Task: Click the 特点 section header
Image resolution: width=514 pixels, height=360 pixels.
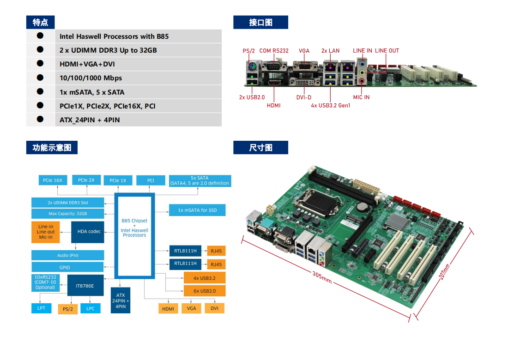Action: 41,22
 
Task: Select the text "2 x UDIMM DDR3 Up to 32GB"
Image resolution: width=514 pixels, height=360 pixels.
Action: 108,50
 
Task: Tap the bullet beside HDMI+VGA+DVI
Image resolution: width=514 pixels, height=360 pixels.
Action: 40,63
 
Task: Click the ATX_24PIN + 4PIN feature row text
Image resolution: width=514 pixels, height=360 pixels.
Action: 90,120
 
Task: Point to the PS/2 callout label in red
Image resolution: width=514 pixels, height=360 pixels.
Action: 249,51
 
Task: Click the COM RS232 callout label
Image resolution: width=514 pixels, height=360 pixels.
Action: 274,51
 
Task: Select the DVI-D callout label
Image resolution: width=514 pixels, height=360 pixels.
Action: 304,97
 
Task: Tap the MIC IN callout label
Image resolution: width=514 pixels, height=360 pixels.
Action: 361,97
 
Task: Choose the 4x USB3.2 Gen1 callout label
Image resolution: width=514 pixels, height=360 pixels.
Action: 331,106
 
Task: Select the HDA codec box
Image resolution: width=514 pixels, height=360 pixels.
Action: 88,232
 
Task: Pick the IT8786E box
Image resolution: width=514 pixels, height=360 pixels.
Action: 85,286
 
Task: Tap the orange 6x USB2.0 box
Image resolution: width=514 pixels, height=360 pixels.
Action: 204,291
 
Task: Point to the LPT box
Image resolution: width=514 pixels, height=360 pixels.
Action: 42,308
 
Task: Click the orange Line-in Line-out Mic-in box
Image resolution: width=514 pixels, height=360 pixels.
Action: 46,232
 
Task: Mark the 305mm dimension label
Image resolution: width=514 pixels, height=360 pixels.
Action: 322,277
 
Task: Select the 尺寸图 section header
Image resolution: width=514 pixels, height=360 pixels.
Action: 260,148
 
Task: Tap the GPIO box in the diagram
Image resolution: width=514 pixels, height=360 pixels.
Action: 67,267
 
